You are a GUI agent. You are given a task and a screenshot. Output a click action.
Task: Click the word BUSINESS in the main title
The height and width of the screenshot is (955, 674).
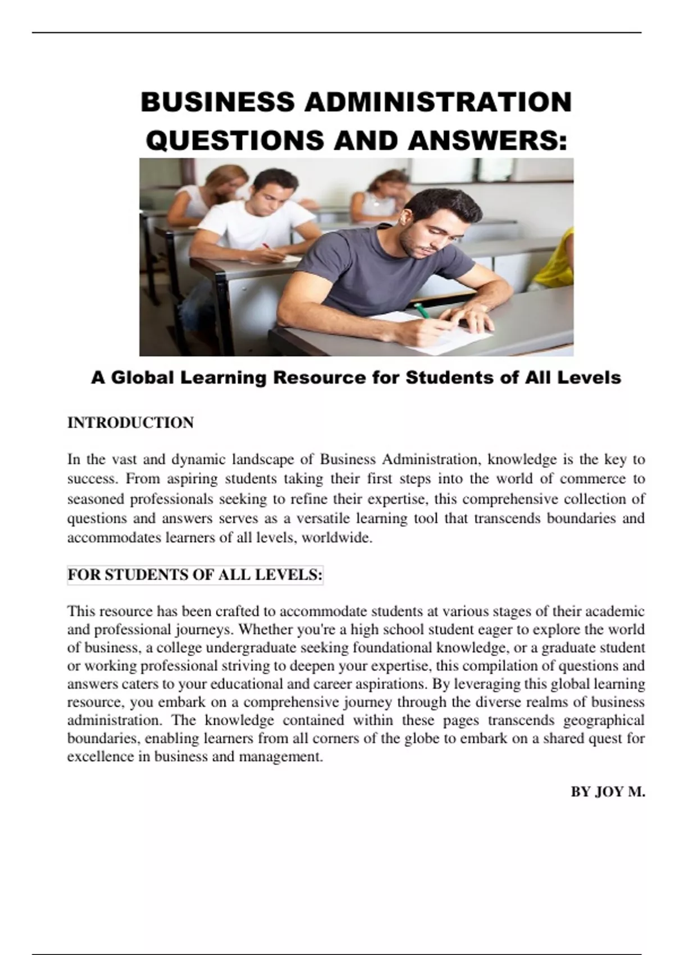(x=217, y=102)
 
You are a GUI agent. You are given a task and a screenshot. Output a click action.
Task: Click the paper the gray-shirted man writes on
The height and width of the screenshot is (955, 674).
(x=444, y=334)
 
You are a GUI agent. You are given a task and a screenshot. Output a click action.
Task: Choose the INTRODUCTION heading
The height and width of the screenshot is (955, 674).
(x=130, y=422)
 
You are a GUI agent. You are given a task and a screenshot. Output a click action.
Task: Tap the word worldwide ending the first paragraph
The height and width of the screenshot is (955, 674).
(x=337, y=538)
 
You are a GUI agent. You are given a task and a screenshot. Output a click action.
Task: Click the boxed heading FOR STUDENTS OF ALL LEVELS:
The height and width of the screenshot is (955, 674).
(x=195, y=575)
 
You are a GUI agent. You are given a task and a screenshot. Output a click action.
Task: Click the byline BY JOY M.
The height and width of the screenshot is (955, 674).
(x=608, y=792)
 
